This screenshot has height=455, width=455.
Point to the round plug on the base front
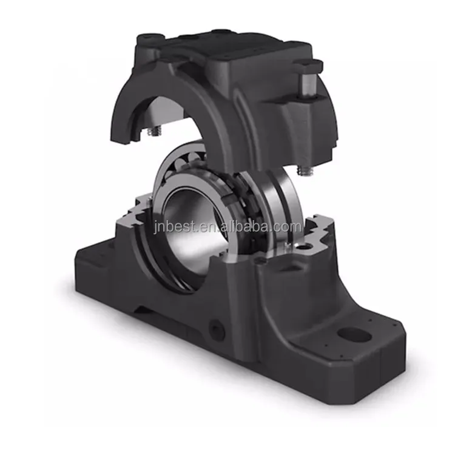217,330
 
